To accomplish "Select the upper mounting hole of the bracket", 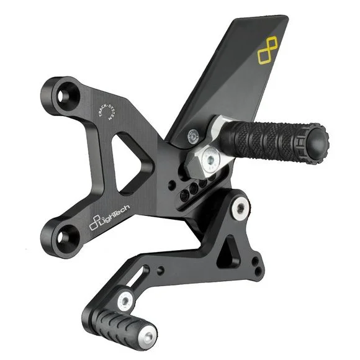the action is click(62, 96).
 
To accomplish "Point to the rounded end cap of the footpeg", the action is click(318, 142).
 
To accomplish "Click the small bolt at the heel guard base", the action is click(193, 137).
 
